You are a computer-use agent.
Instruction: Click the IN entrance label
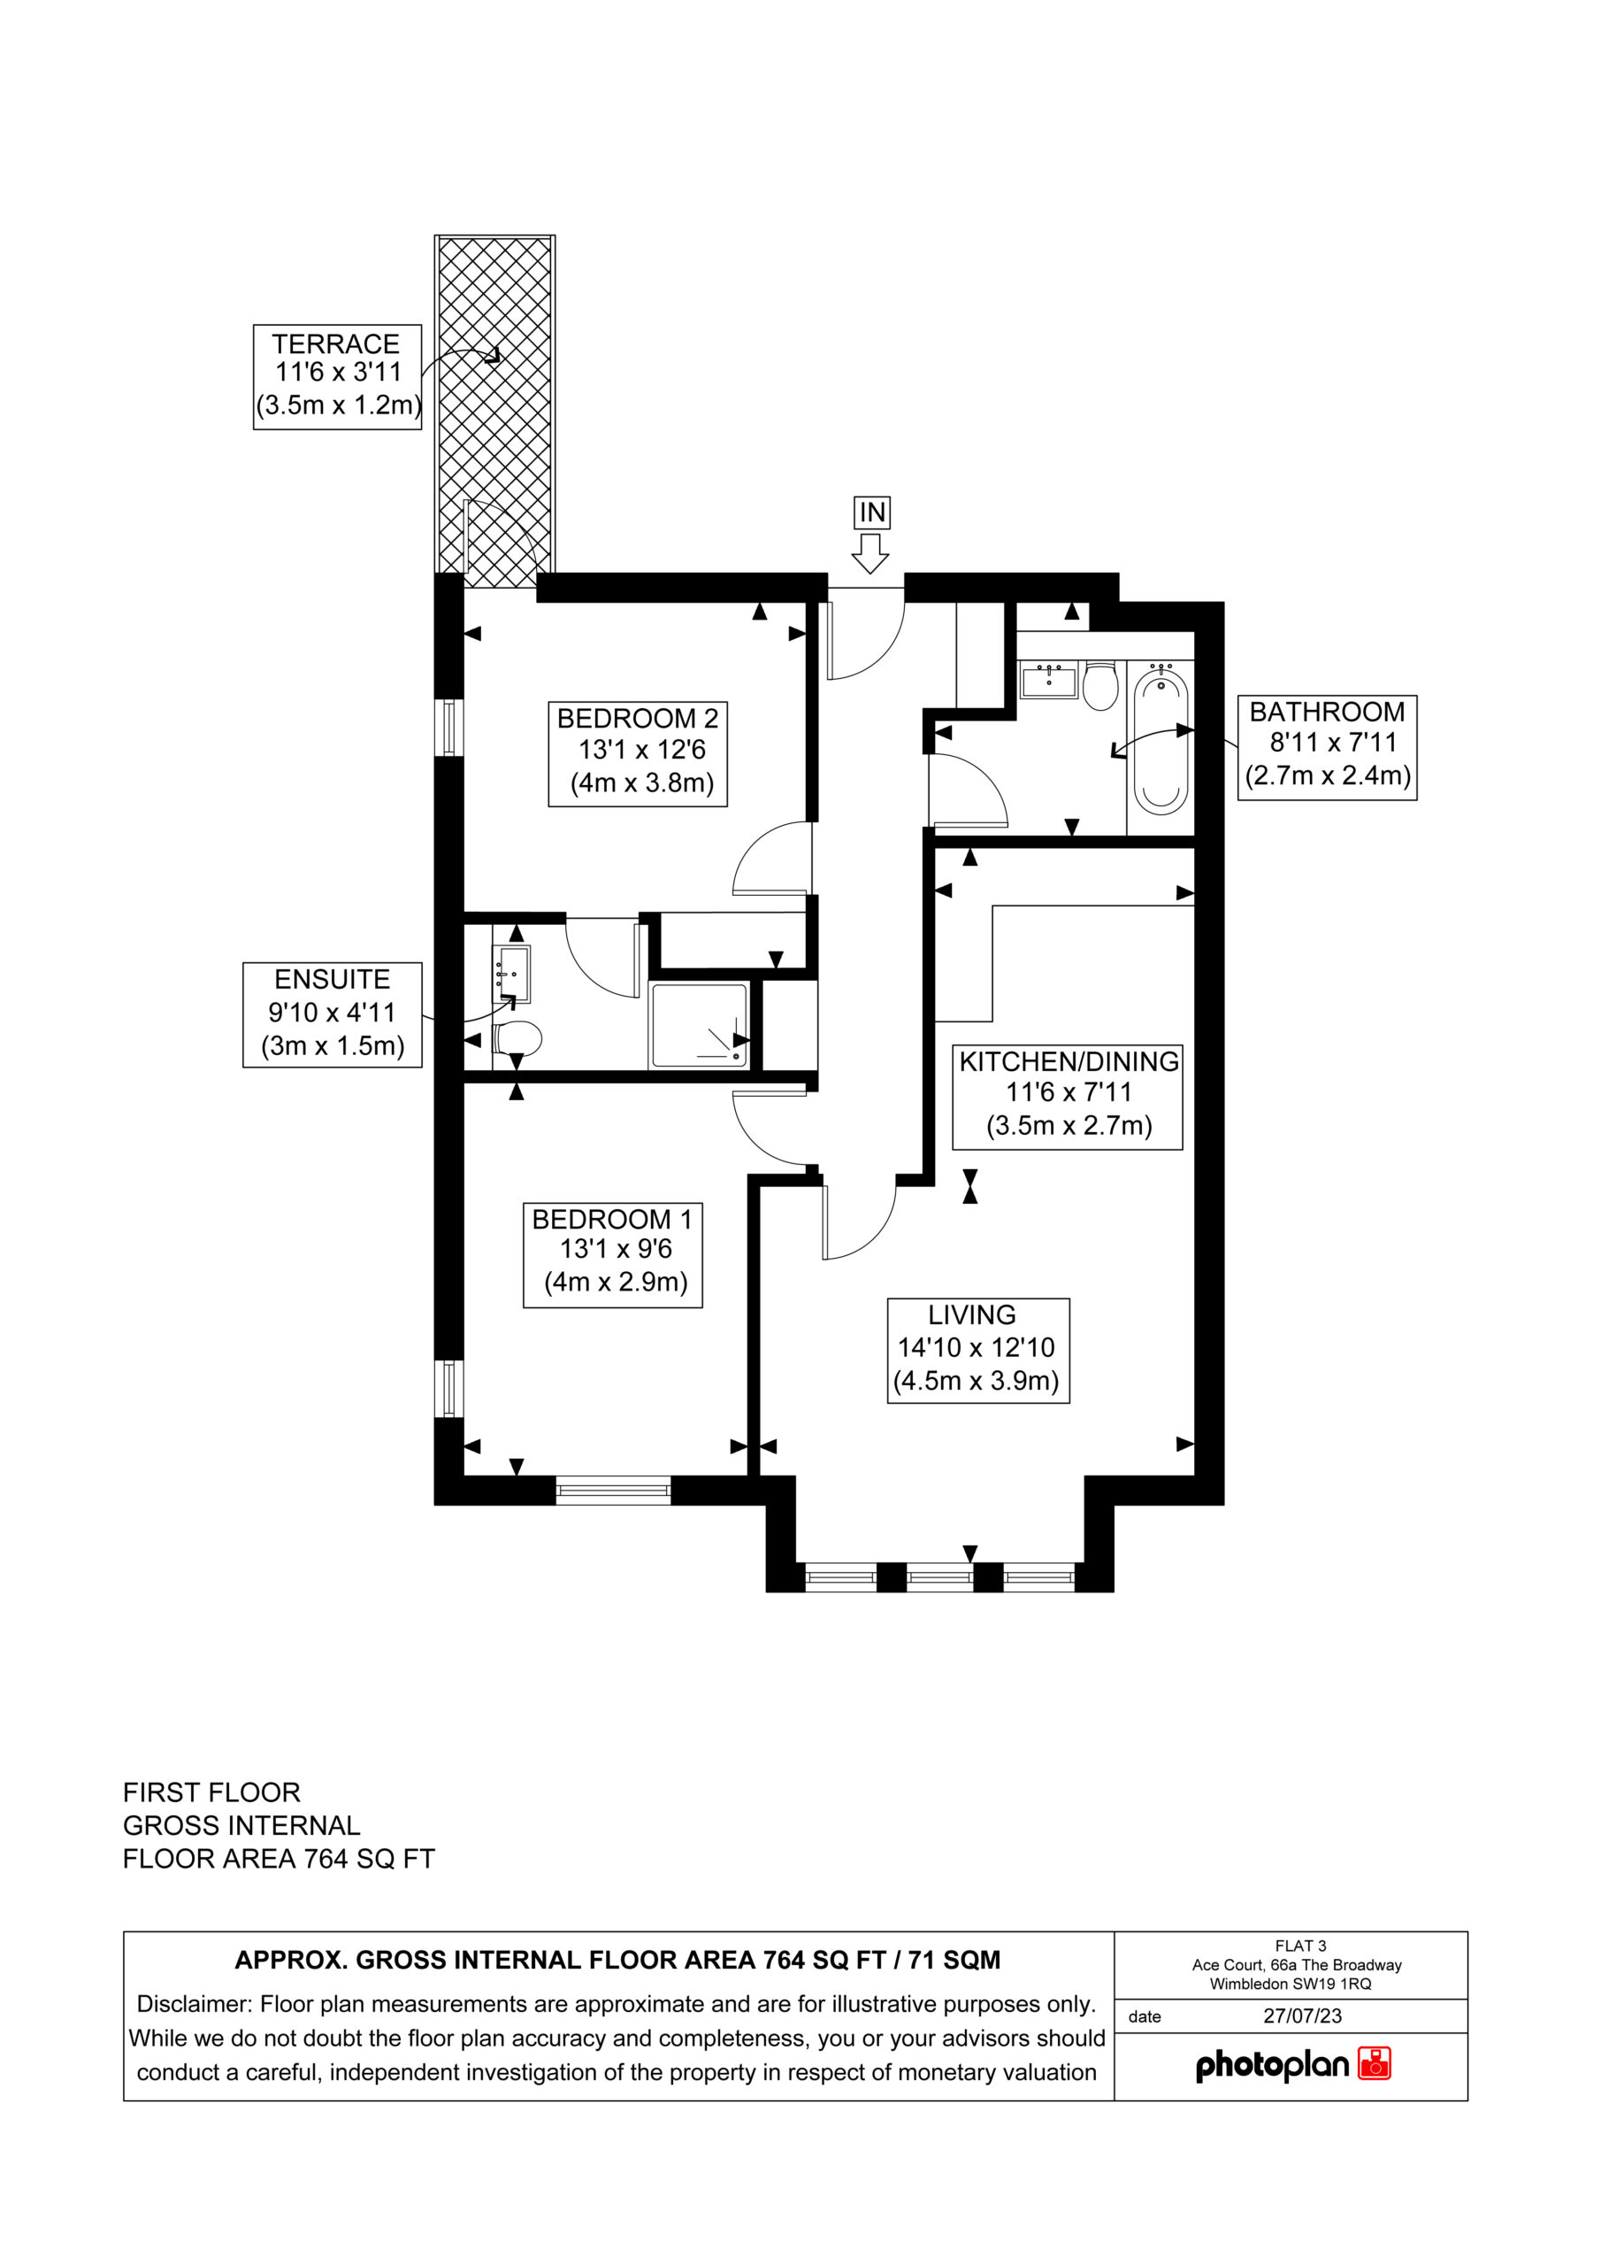(x=872, y=513)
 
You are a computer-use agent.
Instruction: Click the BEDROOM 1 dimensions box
(x=613, y=1254)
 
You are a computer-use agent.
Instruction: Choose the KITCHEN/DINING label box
(x=1068, y=1096)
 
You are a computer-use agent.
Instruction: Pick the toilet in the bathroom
(x=1099, y=685)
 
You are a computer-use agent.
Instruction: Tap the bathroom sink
(x=1047, y=680)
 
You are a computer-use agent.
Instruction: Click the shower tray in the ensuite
(x=700, y=1025)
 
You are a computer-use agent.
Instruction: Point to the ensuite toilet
(x=517, y=1039)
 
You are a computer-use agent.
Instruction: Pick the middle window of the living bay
(x=940, y=1577)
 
